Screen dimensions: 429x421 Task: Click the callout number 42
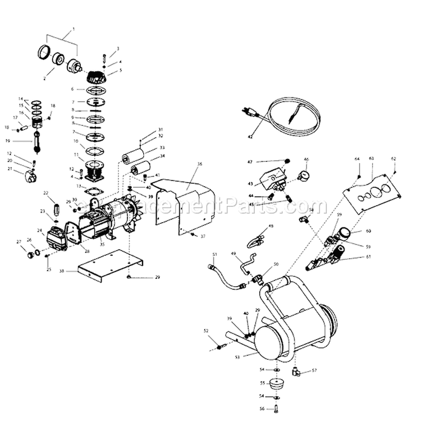[x=250, y=137]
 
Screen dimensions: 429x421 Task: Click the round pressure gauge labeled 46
[x=304, y=170]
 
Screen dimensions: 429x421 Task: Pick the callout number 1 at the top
[x=73, y=29]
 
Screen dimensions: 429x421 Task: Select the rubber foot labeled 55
[x=276, y=386]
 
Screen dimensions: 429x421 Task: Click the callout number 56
[x=261, y=409]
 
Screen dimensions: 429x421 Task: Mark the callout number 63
[x=371, y=159]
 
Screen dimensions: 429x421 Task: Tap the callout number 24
[x=40, y=231]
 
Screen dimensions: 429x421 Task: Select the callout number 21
[x=10, y=168]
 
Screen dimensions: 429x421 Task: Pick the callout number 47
[x=251, y=161]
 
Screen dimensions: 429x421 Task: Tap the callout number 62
[x=393, y=159]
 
